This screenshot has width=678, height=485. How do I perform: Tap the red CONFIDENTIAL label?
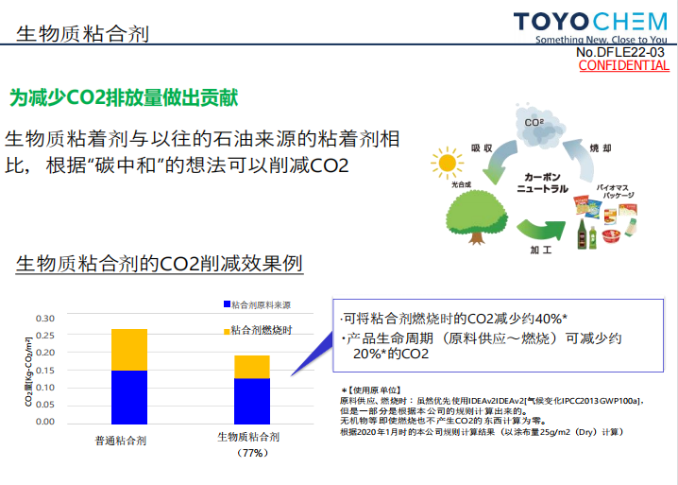(624, 66)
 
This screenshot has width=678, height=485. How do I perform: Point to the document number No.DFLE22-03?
(620, 52)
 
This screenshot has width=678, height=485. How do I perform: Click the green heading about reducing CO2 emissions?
(124, 98)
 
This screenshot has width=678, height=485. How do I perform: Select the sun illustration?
(447, 163)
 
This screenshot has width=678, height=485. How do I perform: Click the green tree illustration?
(477, 217)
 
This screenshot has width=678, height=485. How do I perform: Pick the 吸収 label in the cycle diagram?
(482, 148)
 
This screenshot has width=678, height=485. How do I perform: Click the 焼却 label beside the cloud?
(601, 148)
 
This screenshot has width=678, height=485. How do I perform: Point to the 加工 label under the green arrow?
(541, 250)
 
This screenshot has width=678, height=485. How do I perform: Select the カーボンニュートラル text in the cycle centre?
(542, 182)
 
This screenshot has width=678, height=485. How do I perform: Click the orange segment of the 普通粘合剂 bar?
(129, 350)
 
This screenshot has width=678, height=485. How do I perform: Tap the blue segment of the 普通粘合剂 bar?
(129, 397)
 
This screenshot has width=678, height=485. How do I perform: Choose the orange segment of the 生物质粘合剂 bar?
(252, 367)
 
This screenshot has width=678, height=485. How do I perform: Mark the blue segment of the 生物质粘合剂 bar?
(252, 402)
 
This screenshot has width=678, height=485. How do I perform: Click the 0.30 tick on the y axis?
(45, 319)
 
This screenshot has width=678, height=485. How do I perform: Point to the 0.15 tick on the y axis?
(45, 371)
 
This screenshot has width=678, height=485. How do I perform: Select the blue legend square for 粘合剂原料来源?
(227, 304)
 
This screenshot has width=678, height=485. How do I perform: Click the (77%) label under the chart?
(252, 453)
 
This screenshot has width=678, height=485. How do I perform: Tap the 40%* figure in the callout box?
(551, 320)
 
